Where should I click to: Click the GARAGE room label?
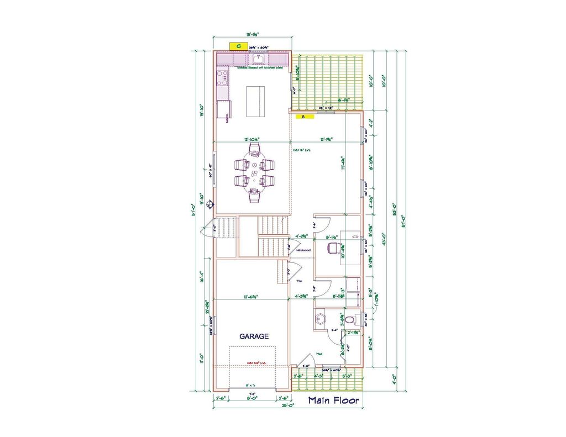tap(254, 336)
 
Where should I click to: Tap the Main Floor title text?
tap(333, 401)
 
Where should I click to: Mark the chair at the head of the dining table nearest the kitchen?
tap(254, 149)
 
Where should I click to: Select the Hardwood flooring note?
tap(303, 250)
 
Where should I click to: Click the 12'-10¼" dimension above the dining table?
tap(252, 140)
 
